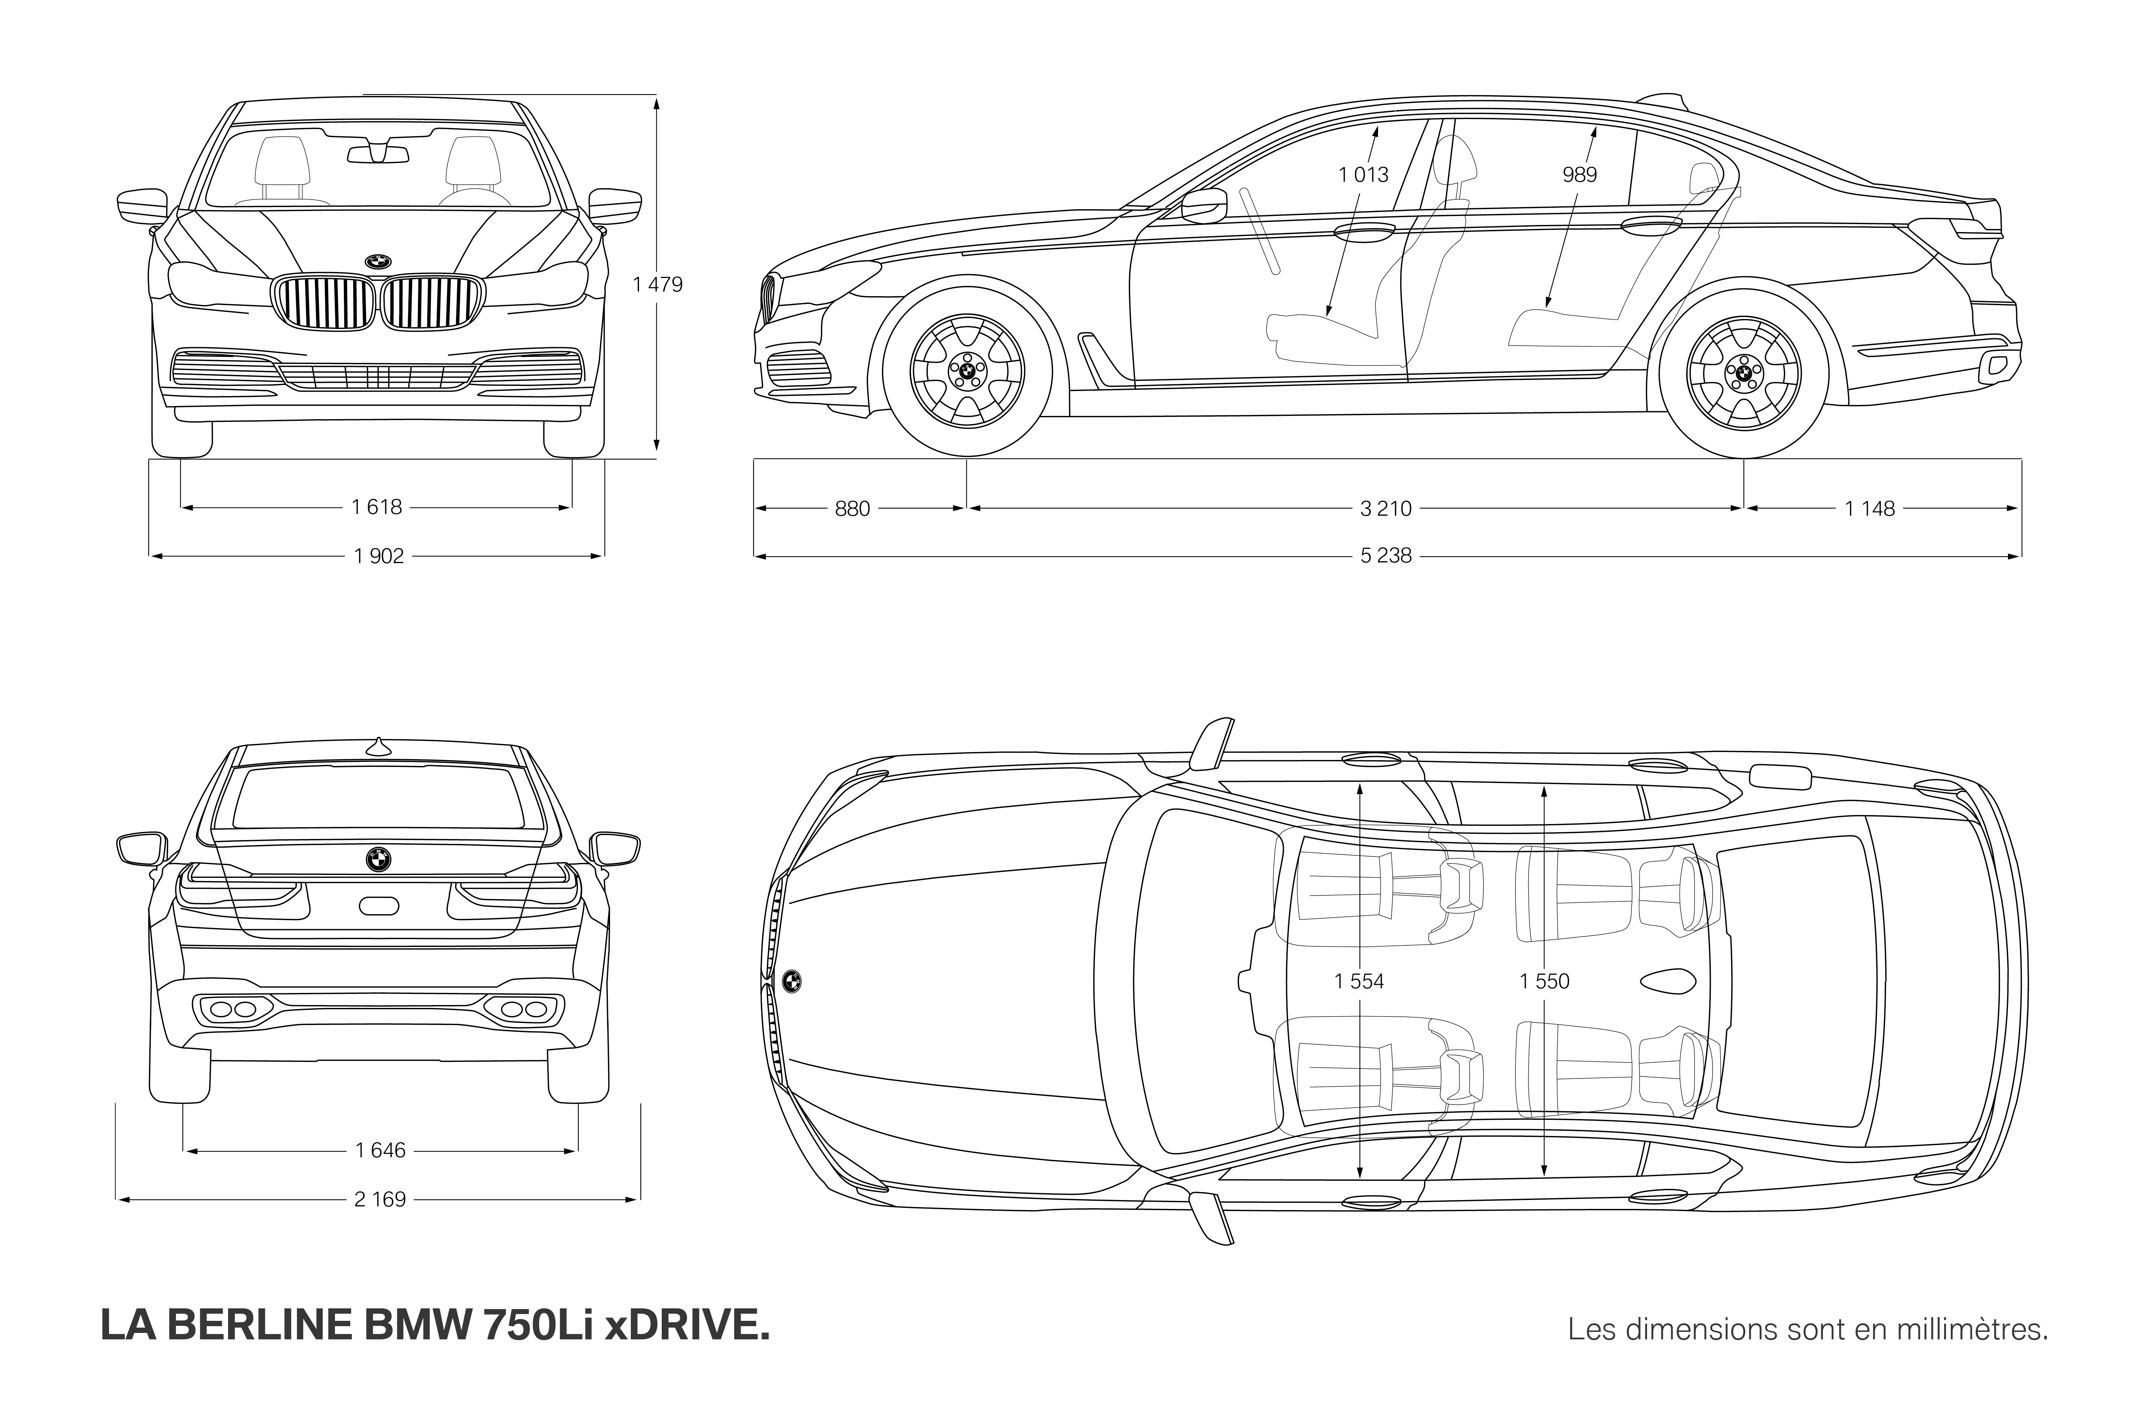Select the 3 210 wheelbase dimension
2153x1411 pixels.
tap(1386, 509)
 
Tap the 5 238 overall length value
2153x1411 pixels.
tap(1386, 556)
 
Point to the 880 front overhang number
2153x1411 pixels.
tap(852, 509)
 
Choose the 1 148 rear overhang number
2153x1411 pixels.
tap(1870, 509)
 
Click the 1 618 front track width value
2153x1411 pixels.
tap(377, 507)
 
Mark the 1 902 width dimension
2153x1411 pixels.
tap(379, 556)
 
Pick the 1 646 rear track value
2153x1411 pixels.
tap(381, 1150)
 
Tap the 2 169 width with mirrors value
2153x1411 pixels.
tap(380, 1199)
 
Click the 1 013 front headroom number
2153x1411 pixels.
tap(1363, 175)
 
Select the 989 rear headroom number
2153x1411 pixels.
tap(1579, 175)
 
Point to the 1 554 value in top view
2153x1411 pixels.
tap(1359, 981)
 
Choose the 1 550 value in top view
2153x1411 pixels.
tap(1544, 981)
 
